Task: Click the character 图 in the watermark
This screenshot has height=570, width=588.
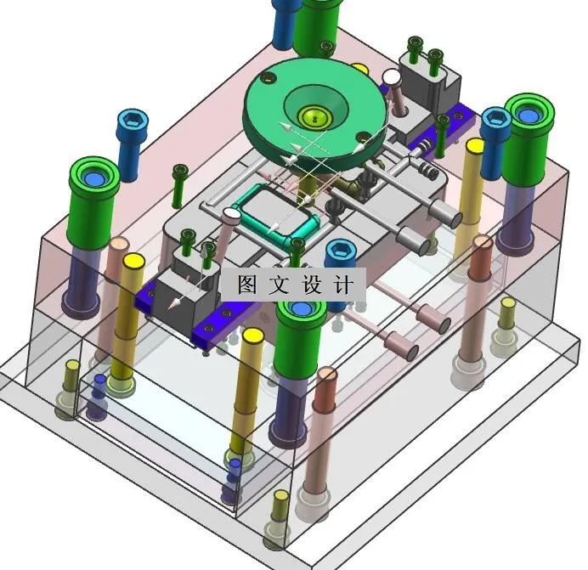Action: pyautogui.click(x=248, y=285)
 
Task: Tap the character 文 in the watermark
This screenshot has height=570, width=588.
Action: pyautogui.click(x=280, y=285)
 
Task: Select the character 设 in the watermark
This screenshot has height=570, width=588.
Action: pyautogui.click(x=311, y=285)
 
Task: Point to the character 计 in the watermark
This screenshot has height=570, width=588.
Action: pyautogui.click(x=342, y=285)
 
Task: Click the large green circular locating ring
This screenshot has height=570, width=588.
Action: pyautogui.click(x=314, y=112)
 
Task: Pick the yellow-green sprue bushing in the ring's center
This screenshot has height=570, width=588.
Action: pyautogui.click(x=315, y=117)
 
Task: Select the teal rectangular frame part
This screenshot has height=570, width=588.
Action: pyautogui.click(x=275, y=214)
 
